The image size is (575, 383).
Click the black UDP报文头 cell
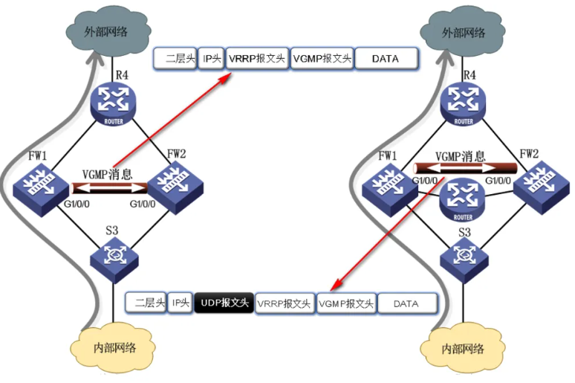[224, 303]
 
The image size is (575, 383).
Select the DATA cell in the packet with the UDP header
[406, 303]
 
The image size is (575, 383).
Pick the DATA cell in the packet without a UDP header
[386, 58]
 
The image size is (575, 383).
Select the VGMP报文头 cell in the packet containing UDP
[345, 303]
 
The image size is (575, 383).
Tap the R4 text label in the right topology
[469, 75]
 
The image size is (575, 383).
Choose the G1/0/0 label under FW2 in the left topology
[145, 203]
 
